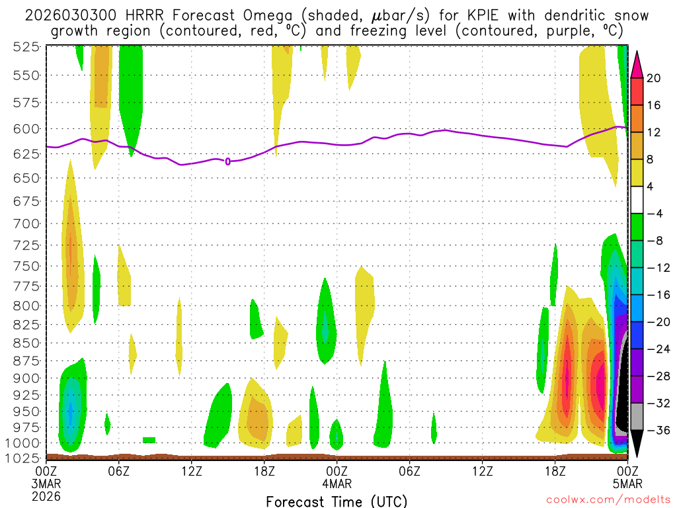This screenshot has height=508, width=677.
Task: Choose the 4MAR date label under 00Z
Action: tap(337, 483)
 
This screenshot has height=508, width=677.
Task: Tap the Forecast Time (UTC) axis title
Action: tap(337, 501)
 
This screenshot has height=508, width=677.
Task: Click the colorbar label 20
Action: tap(654, 78)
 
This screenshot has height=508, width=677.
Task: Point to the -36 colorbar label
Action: tap(657, 431)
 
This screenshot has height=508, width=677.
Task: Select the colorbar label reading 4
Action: tap(651, 187)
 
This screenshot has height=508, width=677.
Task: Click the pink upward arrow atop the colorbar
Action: tap(637, 63)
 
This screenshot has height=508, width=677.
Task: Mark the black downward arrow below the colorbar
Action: tap(637, 444)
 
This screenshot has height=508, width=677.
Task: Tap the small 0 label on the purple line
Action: tap(228, 161)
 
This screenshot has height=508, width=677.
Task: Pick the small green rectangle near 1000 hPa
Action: tap(149, 440)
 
